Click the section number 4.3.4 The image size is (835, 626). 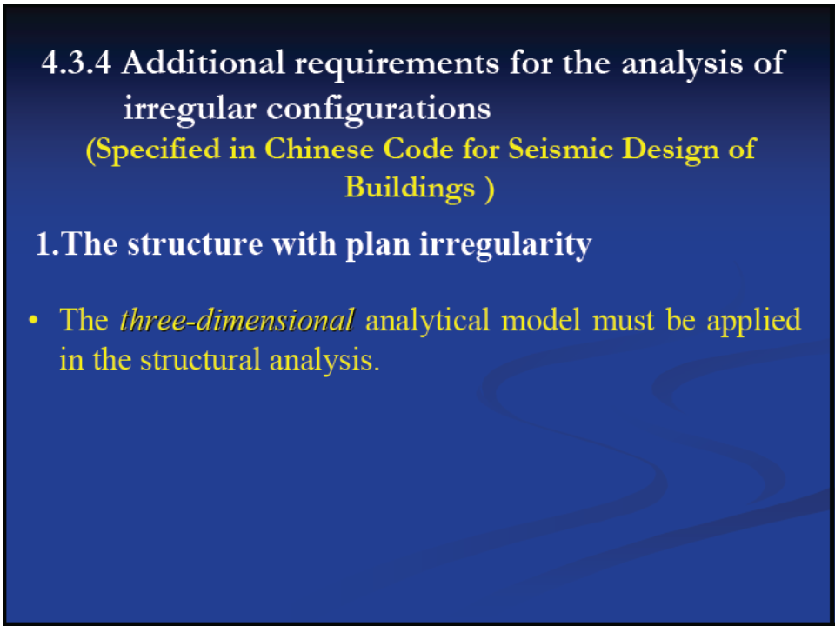(77, 63)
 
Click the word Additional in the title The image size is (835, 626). (204, 63)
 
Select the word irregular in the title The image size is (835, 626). (190, 110)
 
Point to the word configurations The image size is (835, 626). (378, 110)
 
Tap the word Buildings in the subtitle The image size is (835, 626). (410, 188)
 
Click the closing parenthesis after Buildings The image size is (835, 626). (489, 189)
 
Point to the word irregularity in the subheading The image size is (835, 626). (505, 246)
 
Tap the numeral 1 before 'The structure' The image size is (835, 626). (43, 244)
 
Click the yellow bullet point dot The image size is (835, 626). (34, 321)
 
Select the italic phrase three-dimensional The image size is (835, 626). (237, 320)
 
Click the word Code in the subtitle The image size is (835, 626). (418, 149)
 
